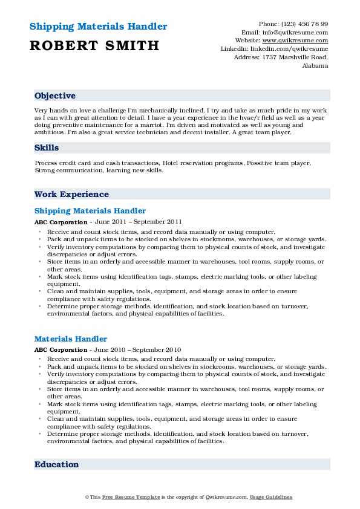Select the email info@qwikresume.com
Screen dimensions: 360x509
pyautogui.click(x=293, y=32)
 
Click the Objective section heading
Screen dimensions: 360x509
pyautogui.click(x=55, y=96)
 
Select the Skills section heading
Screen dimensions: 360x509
pyautogui.click(x=47, y=148)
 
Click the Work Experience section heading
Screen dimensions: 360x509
pyautogui.click(x=71, y=194)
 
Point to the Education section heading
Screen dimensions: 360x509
pyautogui.click(x=57, y=464)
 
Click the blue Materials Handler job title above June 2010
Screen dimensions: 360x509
pyautogui.click(x=71, y=339)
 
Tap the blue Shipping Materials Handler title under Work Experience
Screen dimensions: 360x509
pyautogui.click(x=90, y=211)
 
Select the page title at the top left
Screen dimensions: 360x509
pyautogui.click(x=98, y=27)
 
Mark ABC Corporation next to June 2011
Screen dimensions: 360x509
pyautogui.click(x=61, y=222)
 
